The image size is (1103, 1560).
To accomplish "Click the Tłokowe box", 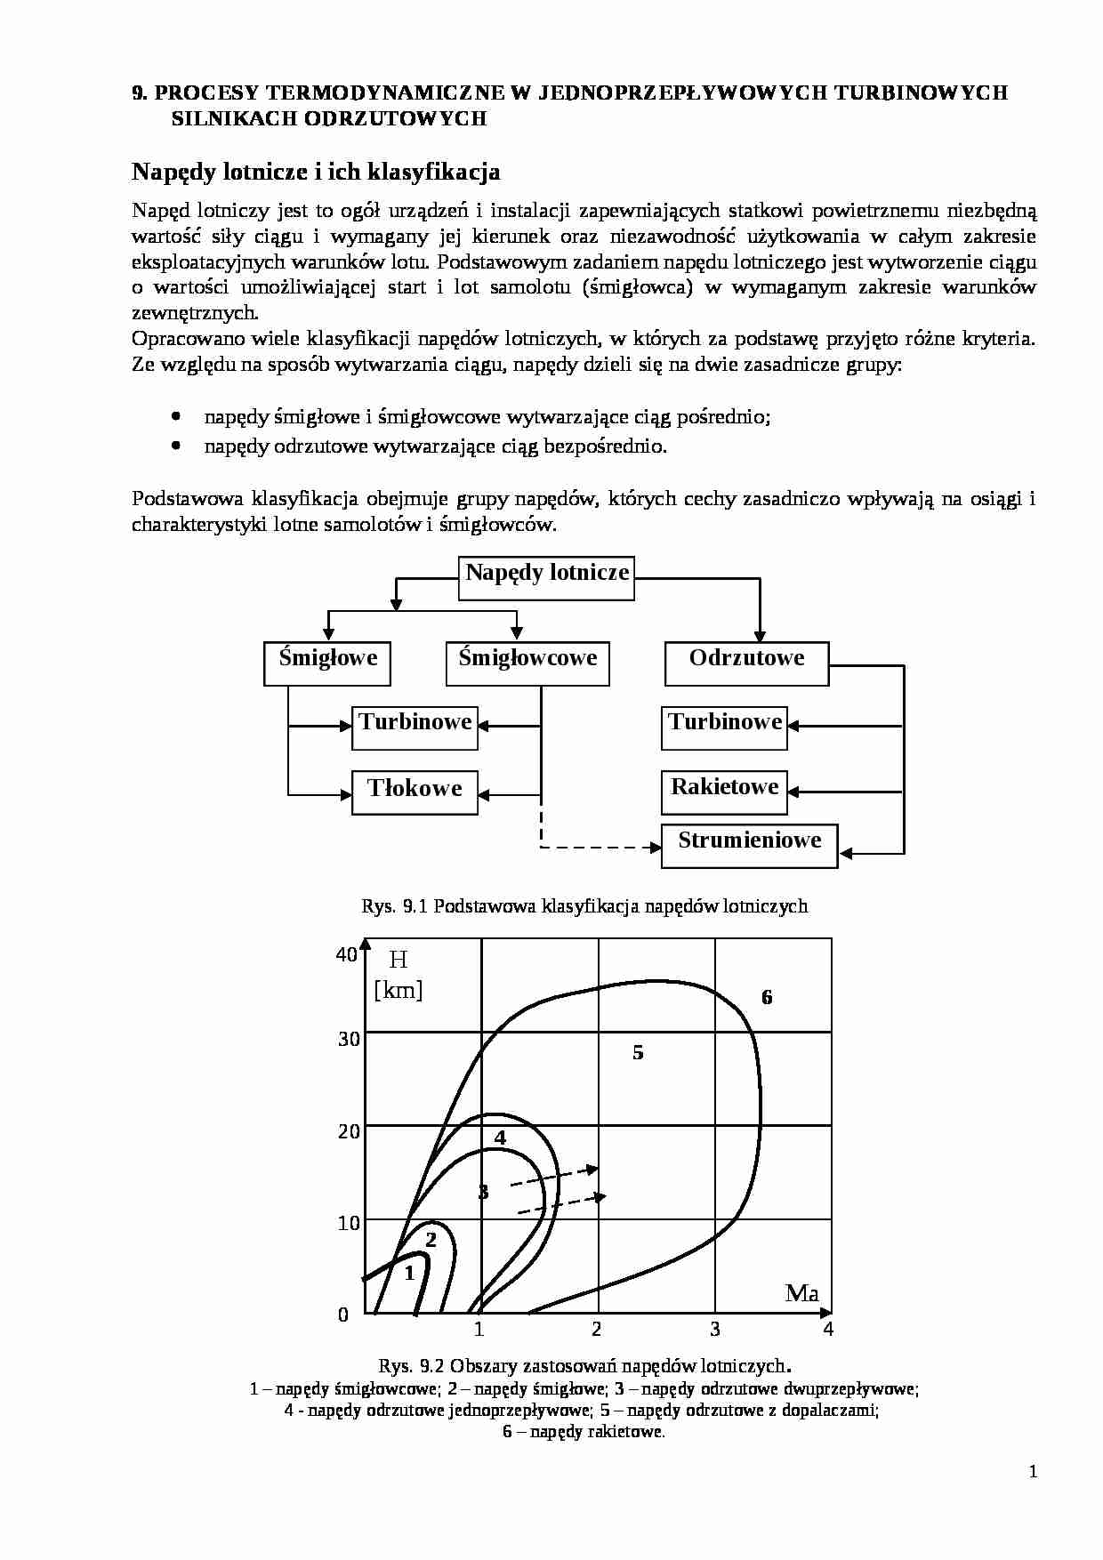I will pos(415,792).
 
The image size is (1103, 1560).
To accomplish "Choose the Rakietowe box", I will pos(724,792).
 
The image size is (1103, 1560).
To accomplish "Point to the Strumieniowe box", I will pos(749,845).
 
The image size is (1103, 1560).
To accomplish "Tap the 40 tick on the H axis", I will pos(346,955).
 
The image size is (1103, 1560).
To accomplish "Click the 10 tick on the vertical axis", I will pos(349,1223).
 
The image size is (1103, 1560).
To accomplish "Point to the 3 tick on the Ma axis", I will pos(715,1330).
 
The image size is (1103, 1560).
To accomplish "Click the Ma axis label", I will pos(801,1294).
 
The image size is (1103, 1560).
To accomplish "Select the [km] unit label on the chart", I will pos(398,990).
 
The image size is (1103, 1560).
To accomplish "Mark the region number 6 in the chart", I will pos(767,997).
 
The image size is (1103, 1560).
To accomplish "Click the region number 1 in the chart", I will pos(409,1273).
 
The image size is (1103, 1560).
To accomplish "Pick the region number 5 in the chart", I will pos(638,1053).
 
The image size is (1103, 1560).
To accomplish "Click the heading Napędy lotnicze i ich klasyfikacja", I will pos(316,171).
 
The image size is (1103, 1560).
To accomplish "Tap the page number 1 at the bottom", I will pos(1033,1472).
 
